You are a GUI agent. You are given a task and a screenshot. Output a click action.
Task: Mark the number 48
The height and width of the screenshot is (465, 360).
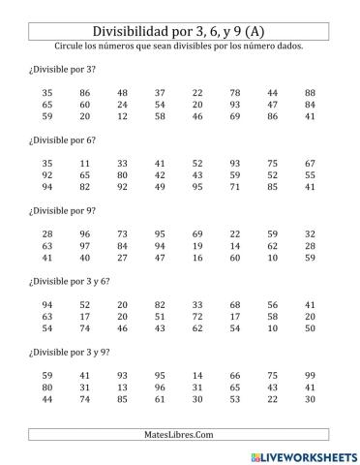pyautogui.click(x=123, y=93)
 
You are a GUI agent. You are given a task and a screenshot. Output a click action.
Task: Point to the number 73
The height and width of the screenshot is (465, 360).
pyautogui.click(x=123, y=233)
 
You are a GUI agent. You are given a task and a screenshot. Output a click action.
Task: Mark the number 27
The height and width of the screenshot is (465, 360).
pyautogui.click(x=123, y=257)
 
